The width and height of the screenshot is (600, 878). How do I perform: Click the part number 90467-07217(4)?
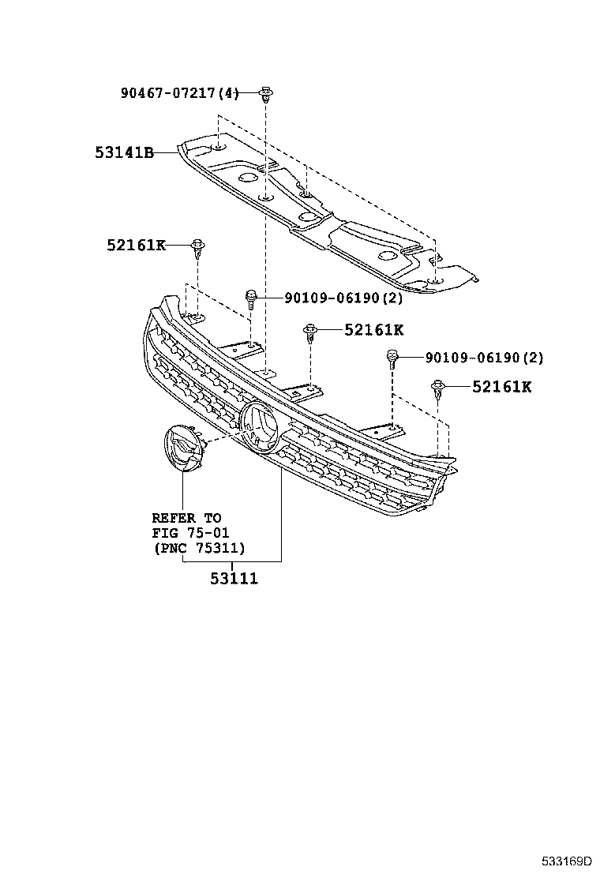pyautogui.click(x=179, y=93)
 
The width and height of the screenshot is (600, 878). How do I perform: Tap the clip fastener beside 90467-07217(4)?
pyautogui.click(x=265, y=96)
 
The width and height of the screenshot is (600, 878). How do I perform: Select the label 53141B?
pyautogui.click(x=124, y=152)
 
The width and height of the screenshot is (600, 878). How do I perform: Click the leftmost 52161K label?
pyautogui.click(x=136, y=246)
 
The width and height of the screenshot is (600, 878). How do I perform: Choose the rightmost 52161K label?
pyautogui.click(x=501, y=386)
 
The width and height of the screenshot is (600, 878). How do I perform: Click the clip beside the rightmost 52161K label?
pyautogui.click(x=438, y=388)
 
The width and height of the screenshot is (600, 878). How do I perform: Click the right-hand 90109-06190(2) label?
pyautogui.click(x=484, y=358)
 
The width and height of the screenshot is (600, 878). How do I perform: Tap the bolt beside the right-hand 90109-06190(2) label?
pyautogui.click(x=392, y=359)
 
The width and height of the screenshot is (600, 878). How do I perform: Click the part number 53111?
pyautogui.click(x=234, y=578)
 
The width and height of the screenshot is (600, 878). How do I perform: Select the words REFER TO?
pyautogui.click(x=186, y=518)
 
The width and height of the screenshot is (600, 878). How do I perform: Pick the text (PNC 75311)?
pyautogui.click(x=198, y=548)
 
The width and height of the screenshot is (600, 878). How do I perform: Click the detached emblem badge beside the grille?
pyautogui.click(x=181, y=450)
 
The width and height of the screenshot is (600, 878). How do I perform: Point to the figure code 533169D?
pyautogui.click(x=565, y=861)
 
